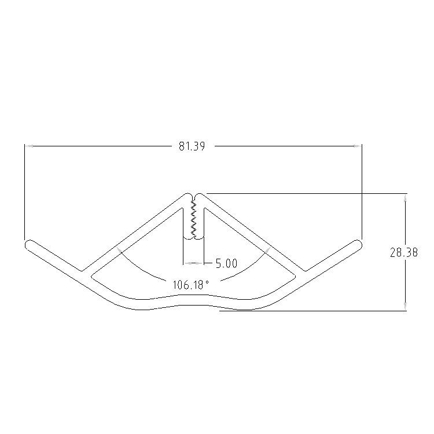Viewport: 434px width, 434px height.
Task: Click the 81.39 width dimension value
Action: click(x=192, y=146)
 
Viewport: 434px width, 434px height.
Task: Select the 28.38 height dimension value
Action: click(x=403, y=252)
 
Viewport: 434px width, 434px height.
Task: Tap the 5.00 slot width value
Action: click(x=226, y=263)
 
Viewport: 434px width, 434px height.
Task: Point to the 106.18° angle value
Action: click(x=191, y=285)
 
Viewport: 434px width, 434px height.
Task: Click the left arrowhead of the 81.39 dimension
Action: click(x=29, y=146)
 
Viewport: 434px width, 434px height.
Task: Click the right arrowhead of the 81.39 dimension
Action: click(x=358, y=146)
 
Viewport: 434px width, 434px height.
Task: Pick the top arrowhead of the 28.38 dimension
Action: click(x=405, y=198)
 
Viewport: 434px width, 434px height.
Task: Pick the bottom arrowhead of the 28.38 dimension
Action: click(x=405, y=306)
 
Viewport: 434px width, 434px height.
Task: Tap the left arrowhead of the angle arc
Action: click(x=119, y=250)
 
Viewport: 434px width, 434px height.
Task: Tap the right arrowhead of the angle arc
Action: click(x=267, y=250)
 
